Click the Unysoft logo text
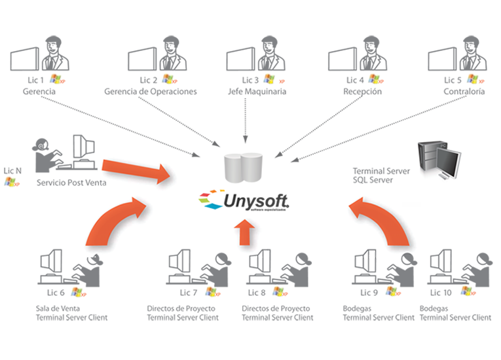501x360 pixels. pos(255,199)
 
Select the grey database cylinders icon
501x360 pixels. pos(242,167)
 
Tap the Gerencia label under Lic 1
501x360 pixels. pos(39,92)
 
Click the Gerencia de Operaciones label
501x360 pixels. pos(150,92)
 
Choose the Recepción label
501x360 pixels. pos(362,92)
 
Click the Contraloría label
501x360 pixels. pos(464,92)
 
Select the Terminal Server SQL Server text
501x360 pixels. pos(382,175)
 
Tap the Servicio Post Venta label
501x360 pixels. pos(71,183)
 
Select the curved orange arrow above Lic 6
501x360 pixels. pos(115,219)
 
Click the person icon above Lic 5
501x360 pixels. pos(470,54)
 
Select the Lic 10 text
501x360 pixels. pos(440,293)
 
